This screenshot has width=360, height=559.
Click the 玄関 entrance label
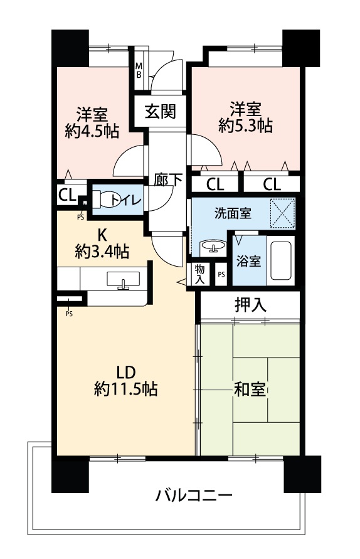(x=160, y=111)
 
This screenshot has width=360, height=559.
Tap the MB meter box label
(x=139, y=70)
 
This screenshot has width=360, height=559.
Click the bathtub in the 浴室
(x=281, y=260)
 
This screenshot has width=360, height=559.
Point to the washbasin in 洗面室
(x=213, y=247)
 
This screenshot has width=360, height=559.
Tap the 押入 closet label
(x=250, y=305)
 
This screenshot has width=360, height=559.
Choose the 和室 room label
(x=250, y=390)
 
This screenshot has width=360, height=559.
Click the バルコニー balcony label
(x=194, y=495)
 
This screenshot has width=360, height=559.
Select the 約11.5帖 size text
(x=125, y=388)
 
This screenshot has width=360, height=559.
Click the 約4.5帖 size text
(x=92, y=131)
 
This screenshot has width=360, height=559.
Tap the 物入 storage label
(x=199, y=274)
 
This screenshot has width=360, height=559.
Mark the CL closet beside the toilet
(x=67, y=195)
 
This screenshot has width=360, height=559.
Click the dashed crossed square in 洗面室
(x=283, y=213)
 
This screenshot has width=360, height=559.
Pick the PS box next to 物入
(x=221, y=274)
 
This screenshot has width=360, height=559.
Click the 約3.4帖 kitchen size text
(x=102, y=252)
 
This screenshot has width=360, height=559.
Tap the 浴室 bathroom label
(x=249, y=262)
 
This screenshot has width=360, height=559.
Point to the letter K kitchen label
(x=102, y=235)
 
